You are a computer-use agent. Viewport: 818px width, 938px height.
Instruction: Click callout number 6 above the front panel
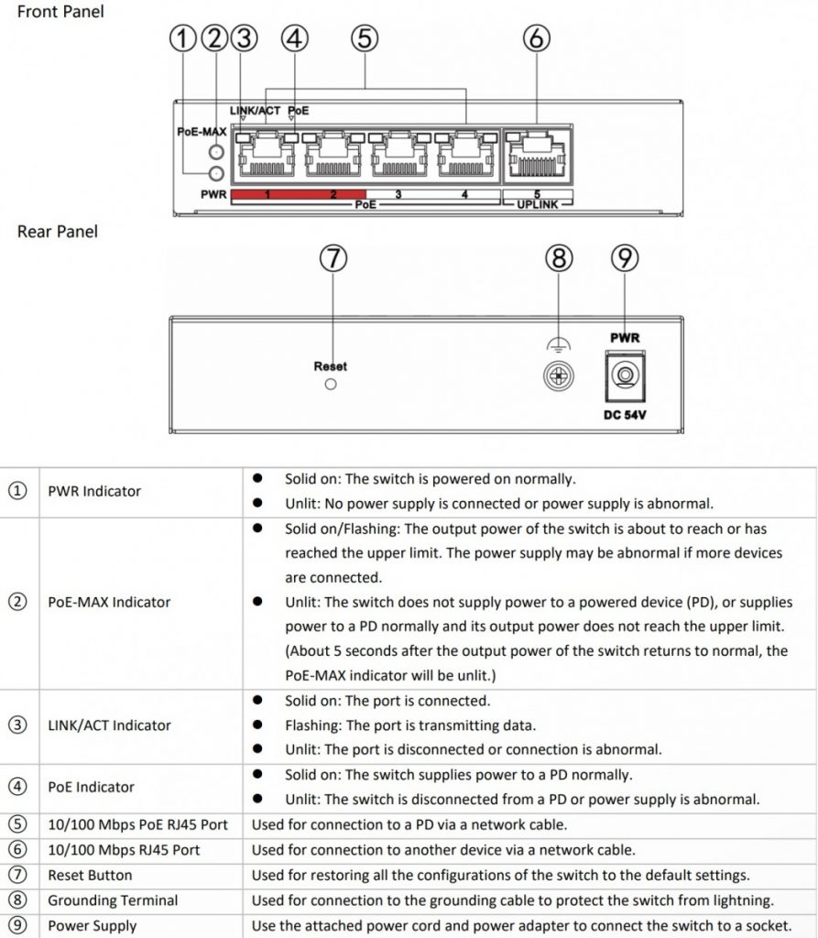pyautogui.click(x=537, y=38)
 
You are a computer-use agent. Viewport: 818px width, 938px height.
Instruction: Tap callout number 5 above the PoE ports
pyautogui.click(x=365, y=38)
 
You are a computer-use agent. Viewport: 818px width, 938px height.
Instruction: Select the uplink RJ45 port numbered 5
pyautogui.click(x=537, y=155)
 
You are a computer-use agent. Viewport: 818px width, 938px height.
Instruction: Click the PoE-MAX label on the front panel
pyautogui.click(x=202, y=132)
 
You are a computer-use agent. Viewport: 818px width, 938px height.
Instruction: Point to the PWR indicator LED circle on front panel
pyautogui.click(x=217, y=174)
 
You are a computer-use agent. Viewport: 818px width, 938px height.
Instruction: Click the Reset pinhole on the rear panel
pyautogui.click(x=331, y=385)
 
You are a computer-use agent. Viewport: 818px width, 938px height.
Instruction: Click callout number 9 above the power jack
pyautogui.click(x=625, y=259)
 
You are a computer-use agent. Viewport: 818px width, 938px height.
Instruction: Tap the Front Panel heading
pyautogui.click(x=60, y=12)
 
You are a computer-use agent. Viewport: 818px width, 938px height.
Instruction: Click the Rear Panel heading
pyautogui.click(x=57, y=232)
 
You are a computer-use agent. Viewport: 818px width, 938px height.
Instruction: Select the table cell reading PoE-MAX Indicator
pyautogui.click(x=109, y=602)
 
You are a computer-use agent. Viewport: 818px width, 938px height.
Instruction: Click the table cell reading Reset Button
pyautogui.click(x=90, y=875)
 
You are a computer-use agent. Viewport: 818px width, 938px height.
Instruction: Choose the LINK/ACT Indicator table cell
pyautogui.click(x=109, y=725)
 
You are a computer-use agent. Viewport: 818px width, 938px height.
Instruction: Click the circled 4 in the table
pyautogui.click(x=17, y=787)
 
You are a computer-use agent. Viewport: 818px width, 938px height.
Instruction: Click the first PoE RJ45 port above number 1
pyautogui.click(x=264, y=156)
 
